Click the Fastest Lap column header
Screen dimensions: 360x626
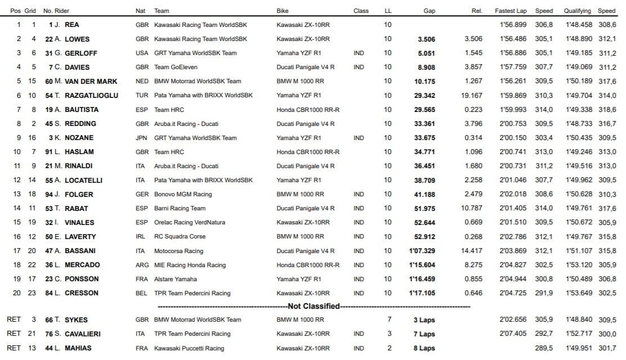[x=511, y=11]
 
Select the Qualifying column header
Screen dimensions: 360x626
[x=577, y=11]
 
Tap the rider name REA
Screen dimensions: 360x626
[x=71, y=25]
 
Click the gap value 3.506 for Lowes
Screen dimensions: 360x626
[x=426, y=39]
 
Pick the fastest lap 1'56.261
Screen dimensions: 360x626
[x=511, y=81]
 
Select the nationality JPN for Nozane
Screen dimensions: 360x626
[x=142, y=138]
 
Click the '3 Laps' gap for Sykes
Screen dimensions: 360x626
[x=424, y=320]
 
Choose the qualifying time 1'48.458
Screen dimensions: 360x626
[x=577, y=25]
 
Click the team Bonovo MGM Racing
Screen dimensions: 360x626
[x=183, y=194]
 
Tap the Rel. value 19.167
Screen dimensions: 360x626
[x=469, y=96]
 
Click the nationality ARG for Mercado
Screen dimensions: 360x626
[x=142, y=265]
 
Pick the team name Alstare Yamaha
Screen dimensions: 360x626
[x=175, y=279]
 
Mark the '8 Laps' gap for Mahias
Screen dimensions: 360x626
[x=424, y=348]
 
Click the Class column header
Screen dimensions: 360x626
[x=361, y=11]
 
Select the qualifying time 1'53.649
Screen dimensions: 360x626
[x=577, y=293]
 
